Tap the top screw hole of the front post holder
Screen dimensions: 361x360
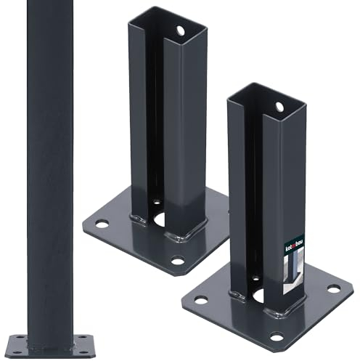point(279,107)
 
